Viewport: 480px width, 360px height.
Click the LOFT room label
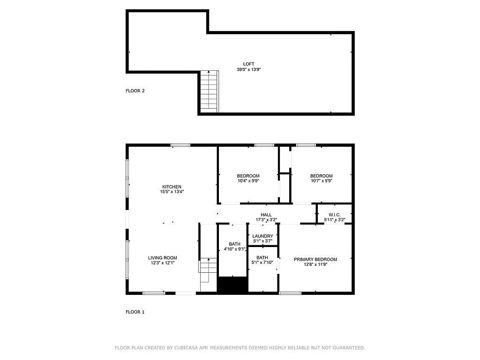248,64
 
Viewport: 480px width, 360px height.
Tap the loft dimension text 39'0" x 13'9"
248,69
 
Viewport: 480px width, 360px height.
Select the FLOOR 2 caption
135,90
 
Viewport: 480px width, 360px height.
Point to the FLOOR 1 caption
135,312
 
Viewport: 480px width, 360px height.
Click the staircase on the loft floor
210,91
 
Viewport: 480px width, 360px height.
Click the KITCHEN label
172,187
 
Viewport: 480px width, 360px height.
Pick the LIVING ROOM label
163,258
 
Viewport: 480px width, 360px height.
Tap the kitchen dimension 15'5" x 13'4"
172,192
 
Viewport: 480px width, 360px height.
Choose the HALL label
266,215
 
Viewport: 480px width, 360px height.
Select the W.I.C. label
335,215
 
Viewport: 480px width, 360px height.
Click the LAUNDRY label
262,236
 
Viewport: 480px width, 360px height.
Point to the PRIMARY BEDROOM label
315,259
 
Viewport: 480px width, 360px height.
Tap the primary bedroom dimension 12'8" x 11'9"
315,264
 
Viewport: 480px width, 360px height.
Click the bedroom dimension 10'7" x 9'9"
322,181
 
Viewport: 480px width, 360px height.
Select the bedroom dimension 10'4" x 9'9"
248,181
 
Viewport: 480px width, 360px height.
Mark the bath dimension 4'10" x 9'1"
235,249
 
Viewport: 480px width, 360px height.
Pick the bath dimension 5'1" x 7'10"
262,262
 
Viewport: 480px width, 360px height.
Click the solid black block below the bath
232,285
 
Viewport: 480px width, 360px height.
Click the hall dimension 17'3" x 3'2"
266,220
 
